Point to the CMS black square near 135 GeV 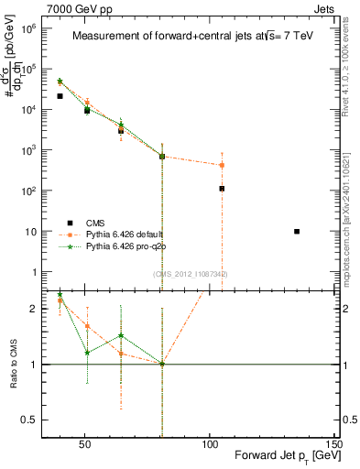point(297,232)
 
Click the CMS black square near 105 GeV point(222,189)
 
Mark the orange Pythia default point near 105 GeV point(222,166)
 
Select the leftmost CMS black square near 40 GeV point(60,96)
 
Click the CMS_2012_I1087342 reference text point(191,274)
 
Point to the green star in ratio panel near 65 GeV point(121,336)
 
